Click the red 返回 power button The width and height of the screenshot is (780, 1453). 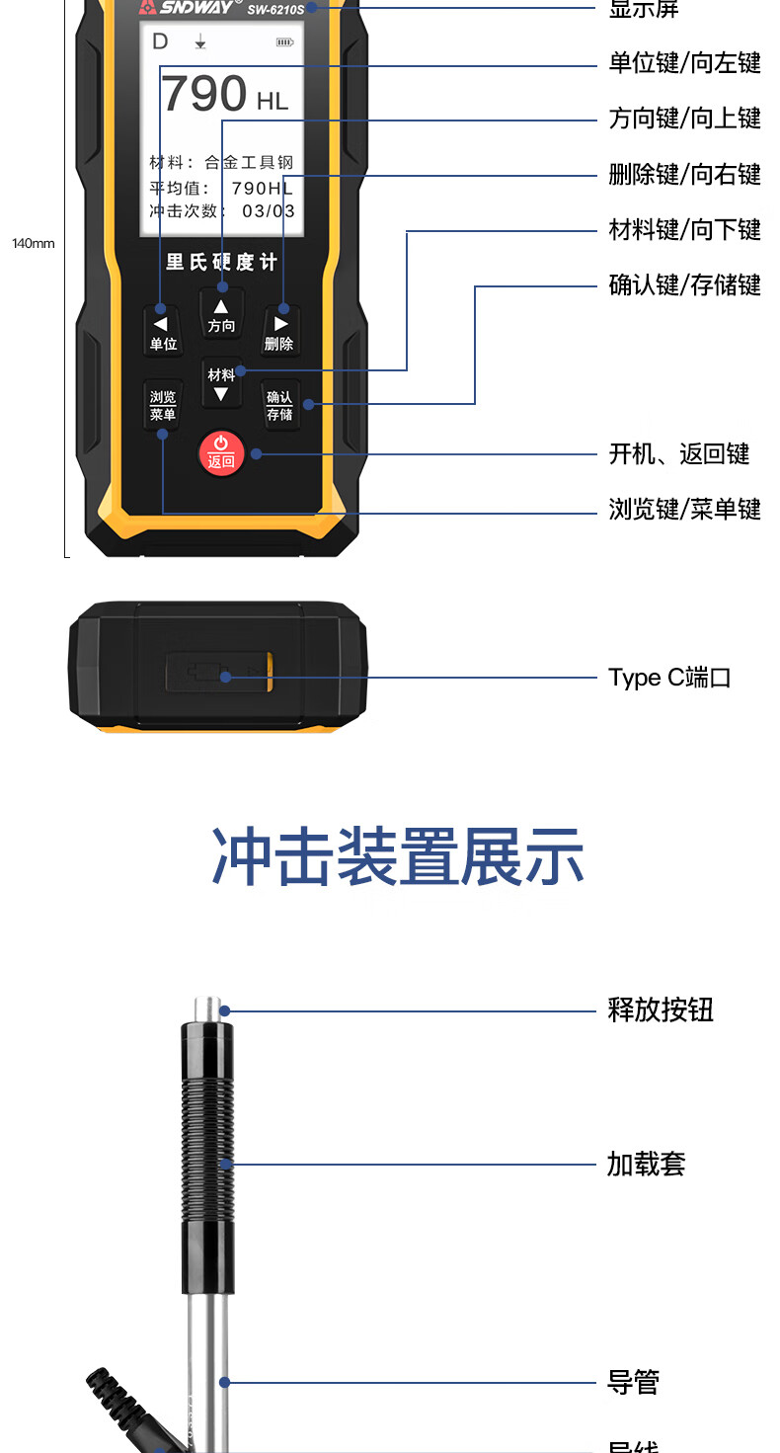pos(221,453)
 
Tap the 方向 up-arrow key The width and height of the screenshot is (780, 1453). pos(221,315)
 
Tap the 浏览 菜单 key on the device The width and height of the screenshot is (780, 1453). pos(163,405)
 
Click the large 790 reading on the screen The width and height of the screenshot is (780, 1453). pos(204,95)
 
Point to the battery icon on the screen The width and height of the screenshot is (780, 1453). pos(284,42)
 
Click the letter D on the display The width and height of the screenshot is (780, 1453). pos(160,41)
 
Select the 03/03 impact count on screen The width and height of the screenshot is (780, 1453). pos(268,211)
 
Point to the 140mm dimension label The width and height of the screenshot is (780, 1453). pos(34,243)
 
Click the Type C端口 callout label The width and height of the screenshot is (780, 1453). pos(669,678)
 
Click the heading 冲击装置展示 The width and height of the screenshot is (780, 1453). pos(398,857)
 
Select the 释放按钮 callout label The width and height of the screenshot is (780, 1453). pos(660,1010)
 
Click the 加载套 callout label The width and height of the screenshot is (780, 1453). pos(646,1164)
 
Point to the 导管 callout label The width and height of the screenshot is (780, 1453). pos(632,1382)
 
